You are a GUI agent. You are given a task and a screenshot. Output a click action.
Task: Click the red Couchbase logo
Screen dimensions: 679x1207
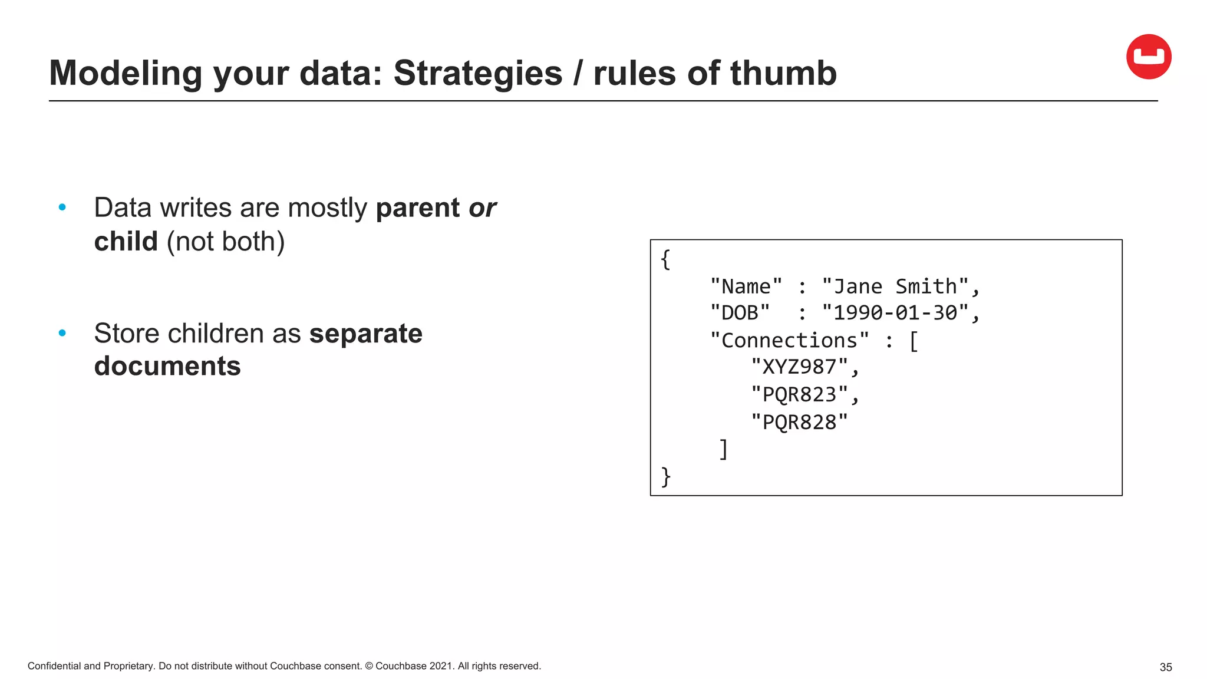[x=1148, y=57]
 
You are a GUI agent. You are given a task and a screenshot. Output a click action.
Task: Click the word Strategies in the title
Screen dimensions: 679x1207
[x=477, y=73]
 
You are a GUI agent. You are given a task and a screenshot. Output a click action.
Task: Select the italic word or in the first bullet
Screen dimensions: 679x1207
[x=482, y=208]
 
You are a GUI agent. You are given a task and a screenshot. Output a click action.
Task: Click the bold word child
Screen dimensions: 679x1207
[x=126, y=242]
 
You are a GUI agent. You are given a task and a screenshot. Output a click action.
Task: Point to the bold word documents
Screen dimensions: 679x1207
[x=167, y=366]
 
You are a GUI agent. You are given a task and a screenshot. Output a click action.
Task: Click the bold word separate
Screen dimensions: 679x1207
[x=365, y=334]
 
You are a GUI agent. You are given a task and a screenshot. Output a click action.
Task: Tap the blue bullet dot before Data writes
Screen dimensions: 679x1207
[x=62, y=207]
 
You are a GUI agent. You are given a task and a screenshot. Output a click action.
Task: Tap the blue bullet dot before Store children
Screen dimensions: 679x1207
[x=62, y=333]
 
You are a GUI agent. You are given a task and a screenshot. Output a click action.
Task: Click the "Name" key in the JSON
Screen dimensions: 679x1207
[x=746, y=287]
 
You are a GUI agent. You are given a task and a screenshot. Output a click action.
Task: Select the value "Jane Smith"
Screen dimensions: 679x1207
[x=895, y=287]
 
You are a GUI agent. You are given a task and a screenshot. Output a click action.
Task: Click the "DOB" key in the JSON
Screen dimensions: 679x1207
[x=740, y=313]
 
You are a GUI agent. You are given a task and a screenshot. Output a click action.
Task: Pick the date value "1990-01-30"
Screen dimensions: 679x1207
[x=895, y=313]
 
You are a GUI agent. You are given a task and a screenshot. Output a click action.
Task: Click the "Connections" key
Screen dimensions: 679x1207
[x=789, y=340]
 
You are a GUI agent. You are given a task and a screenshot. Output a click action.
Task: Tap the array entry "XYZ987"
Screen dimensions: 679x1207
[x=799, y=367]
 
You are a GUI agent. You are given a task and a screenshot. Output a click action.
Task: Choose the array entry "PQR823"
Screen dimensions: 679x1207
[x=799, y=394]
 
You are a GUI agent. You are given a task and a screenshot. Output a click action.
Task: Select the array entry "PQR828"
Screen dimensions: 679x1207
[x=799, y=422]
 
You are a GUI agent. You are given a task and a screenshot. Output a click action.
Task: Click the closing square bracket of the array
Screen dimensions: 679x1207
[x=724, y=449]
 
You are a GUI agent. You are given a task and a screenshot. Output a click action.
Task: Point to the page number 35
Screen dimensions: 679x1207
[x=1165, y=667]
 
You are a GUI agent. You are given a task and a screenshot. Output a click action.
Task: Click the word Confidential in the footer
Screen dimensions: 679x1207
[x=54, y=666]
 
